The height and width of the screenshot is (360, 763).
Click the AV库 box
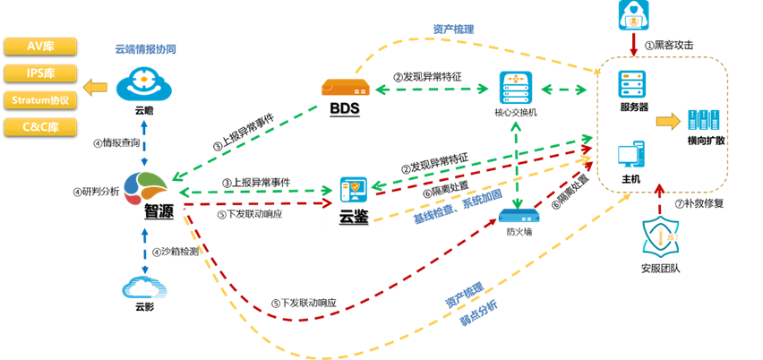tap(40, 46)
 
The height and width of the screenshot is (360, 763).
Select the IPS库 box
tap(40, 73)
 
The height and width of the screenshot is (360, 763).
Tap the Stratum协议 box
tap(40, 99)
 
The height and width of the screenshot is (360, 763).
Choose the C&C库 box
tap(40, 126)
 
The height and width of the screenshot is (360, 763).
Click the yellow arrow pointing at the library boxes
tap(94, 87)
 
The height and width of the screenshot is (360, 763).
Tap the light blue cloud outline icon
tap(144, 286)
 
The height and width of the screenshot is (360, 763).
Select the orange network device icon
tap(346, 87)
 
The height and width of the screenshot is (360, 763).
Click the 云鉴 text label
tap(354, 216)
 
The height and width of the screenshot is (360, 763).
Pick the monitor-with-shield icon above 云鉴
tap(354, 189)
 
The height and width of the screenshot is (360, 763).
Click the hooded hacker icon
tap(633, 15)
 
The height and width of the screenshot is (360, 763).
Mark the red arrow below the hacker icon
tap(634, 44)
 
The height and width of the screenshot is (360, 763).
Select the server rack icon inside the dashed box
tap(631, 85)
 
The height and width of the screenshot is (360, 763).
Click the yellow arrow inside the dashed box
tap(668, 121)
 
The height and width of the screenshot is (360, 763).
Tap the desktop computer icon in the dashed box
tap(631, 154)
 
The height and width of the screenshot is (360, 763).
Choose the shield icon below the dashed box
tap(660, 236)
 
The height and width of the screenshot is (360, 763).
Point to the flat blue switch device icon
tap(519, 216)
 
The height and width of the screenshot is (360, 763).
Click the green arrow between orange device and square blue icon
tap(436, 89)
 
